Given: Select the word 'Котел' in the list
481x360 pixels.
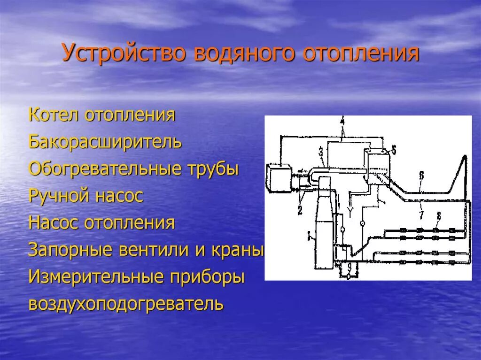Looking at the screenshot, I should click(54, 115).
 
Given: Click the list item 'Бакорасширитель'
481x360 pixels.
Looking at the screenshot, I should click(105, 142).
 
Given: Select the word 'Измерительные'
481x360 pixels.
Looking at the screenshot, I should click(93, 277).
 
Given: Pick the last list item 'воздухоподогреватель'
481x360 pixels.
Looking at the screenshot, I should click(126, 304).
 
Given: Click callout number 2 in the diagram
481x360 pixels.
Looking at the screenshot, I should click(300, 210).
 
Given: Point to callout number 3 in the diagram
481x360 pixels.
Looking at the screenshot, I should click(320, 151).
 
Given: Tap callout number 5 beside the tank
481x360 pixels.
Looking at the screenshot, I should click(394, 150).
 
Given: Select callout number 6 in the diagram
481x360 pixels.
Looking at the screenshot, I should click(421, 176).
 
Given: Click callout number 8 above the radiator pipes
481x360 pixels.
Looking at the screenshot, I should click(439, 216).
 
